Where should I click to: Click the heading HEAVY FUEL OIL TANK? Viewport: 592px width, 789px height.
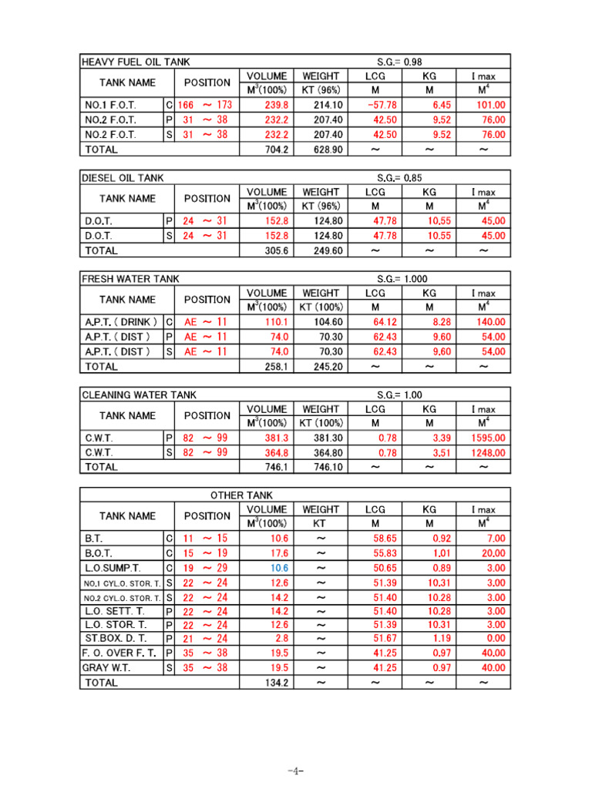[x=136, y=62]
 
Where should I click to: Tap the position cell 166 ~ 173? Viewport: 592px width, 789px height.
[x=204, y=105]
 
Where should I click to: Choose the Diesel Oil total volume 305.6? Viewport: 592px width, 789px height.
[x=276, y=250]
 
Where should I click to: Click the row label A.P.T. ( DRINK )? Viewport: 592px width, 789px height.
[x=121, y=322]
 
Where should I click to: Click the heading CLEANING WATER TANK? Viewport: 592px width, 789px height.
[x=139, y=394]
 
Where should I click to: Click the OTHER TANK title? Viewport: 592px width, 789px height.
[x=241, y=495]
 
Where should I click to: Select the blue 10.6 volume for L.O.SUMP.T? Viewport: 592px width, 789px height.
[x=279, y=568]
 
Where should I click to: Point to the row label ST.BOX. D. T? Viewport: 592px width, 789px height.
[x=114, y=639]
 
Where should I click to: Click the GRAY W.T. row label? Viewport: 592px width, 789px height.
[x=107, y=668]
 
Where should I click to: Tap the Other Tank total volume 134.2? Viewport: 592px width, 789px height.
[x=276, y=683]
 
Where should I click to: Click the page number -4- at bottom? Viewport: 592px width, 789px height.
[x=296, y=771]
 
